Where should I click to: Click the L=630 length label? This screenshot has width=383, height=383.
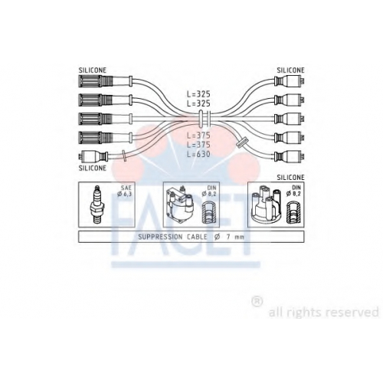[198, 154]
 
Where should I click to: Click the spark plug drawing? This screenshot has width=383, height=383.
[97, 205]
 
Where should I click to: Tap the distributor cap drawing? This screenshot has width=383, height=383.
[266, 205]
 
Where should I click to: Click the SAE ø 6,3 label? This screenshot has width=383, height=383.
[124, 191]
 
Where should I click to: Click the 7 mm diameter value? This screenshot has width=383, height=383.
[235, 237]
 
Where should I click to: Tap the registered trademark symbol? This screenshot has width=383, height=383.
[257, 302]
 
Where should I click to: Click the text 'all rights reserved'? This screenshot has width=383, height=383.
[323, 312]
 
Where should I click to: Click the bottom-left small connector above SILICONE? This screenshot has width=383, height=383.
[93, 156]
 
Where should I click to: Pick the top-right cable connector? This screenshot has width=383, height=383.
[290, 80]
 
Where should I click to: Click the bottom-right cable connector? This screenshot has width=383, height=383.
[290, 156]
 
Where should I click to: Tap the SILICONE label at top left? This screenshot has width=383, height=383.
[93, 70]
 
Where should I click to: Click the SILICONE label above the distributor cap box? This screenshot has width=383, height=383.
[290, 177]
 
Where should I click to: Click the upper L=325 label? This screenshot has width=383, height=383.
[198, 94]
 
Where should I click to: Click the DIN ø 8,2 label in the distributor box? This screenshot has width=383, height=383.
[293, 191]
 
